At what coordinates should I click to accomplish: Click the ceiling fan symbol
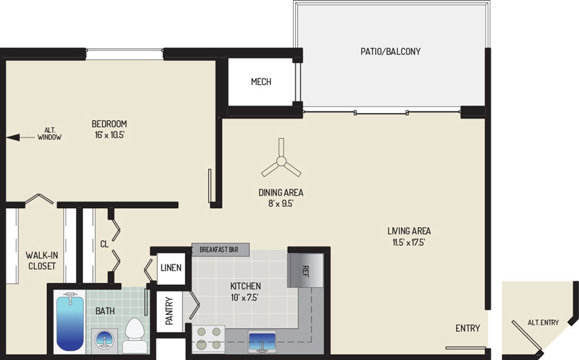tap(281, 161)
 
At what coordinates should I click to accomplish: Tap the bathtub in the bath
tap(70, 321)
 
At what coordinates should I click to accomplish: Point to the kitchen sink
tap(262, 342)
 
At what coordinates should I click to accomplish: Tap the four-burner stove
tap(208, 338)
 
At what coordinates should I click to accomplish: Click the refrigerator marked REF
tap(306, 270)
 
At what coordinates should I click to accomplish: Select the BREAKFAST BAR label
tap(219, 249)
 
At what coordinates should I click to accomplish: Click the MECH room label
tap(261, 82)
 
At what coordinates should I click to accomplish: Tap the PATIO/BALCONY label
tap(391, 51)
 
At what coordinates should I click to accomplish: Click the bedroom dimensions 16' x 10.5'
tap(109, 135)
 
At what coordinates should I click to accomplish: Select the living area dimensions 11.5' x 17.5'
tap(409, 242)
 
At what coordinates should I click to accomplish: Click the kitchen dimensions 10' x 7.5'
tap(245, 297)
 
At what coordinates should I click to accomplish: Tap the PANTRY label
tap(169, 311)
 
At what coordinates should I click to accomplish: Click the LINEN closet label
tap(171, 267)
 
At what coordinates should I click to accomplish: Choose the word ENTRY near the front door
tap(468, 328)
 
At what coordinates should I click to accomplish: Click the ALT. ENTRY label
tap(543, 323)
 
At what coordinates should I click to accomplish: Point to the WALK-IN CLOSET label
tap(42, 261)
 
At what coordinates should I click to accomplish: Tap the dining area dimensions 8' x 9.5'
tap(281, 204)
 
